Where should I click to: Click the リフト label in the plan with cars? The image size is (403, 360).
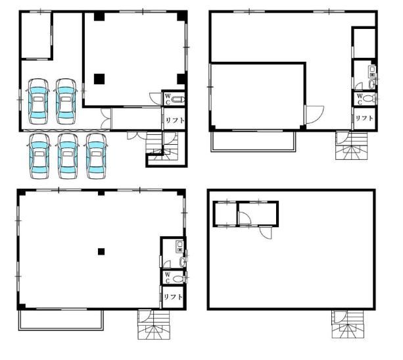tap(175, 120)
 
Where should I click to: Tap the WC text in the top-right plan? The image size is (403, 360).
tap(360, 99)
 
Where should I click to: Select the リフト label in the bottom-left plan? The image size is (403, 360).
tap(173, 297)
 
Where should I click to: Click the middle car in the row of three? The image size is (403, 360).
tap(68, 156)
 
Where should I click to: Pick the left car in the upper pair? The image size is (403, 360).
tap(38, 101)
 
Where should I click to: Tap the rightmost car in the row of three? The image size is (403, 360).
tap(96, 156)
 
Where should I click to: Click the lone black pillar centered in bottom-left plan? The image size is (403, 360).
tap(101, 251)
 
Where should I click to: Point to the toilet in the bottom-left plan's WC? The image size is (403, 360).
tap(178, 278)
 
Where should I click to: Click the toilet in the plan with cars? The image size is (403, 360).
tap(178, 99)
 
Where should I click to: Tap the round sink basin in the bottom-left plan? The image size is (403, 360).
tap(182, 262)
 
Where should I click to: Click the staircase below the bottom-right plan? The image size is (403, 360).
tap(348, 324)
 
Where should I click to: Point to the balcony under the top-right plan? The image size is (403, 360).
tap(253, 141)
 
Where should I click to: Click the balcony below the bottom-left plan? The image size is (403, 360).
tap(61, 320)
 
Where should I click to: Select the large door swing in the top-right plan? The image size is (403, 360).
tap(314, 115)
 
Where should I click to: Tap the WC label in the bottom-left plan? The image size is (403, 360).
tap(168, 278)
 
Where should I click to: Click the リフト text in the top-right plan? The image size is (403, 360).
tap(364, 118)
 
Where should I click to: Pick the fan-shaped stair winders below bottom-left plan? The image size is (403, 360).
tap(154, 332)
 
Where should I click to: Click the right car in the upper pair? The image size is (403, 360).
tap(66, 101)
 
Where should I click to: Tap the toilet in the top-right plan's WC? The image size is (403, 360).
tap(369, 99)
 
